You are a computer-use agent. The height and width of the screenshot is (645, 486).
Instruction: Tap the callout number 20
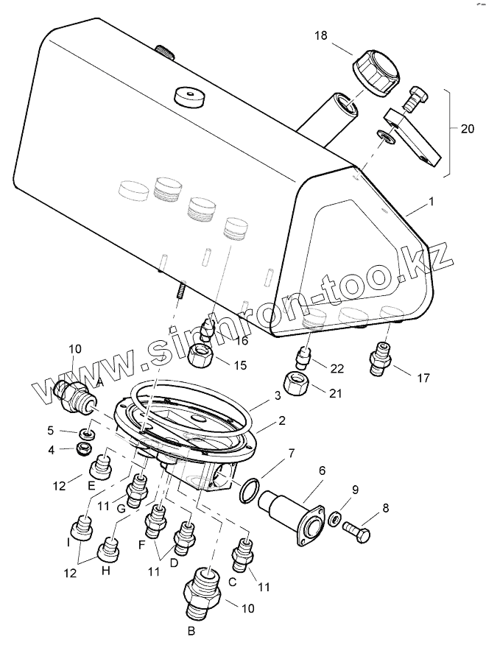pyautogui.click(x=467, y=128)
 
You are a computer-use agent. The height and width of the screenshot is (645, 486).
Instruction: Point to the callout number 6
pyautogui.click(x=322, y=470)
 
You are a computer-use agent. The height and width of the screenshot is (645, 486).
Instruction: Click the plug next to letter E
pyautogui.click(x=102, y=466)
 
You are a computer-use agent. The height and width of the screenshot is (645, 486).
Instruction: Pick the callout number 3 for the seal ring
pyautogui.click(x=277, y=396)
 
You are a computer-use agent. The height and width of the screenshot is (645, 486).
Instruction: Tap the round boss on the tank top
pyautogui.click(x=188, y=96)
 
